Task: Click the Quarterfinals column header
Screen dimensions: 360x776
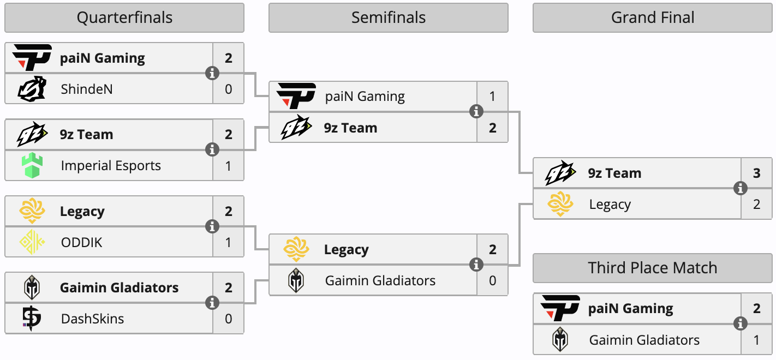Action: pos(124,18)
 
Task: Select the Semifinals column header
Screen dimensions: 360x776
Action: pos(388,18)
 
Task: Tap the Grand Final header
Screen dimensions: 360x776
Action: pos(652,18)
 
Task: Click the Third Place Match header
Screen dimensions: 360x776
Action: pos(652,268)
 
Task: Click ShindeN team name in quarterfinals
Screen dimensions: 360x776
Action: pos(87,89)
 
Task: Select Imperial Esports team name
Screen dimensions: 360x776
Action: pos(111,166)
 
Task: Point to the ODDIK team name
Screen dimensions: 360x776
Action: pos(81,242)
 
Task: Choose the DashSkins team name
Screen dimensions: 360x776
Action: pos(92,319)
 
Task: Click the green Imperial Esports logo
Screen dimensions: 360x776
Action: pos(32,166)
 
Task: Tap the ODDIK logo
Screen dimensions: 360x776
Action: pos(32,242)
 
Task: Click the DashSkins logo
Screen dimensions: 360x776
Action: pos(32,319)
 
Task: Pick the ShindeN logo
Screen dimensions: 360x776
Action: pos(32,89)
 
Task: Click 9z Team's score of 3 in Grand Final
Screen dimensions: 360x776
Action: pos(756,173)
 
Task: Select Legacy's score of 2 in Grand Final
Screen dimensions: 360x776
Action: pos(756,205)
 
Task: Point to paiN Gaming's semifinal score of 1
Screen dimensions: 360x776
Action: pos(492,97)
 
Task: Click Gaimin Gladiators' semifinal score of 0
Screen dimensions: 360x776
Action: pos(492,281)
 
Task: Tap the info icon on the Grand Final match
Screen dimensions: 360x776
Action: pos(741,189)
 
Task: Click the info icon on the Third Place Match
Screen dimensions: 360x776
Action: pos(741,324)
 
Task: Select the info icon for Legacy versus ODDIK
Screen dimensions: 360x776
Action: pos(212,226)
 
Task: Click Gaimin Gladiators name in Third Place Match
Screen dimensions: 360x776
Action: pos(644,340)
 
